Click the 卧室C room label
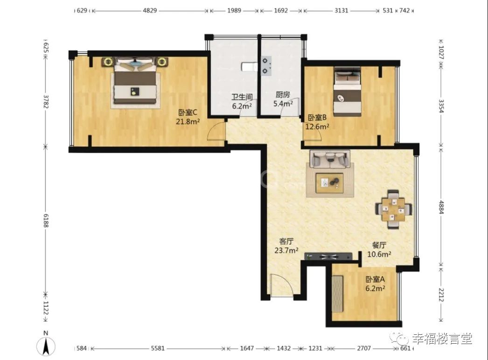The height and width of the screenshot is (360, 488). pos(188,113)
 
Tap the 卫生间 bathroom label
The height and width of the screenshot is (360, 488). pos(242,97)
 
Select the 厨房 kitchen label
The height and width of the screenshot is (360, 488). pos(283,95)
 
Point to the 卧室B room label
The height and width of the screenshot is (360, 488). pos(317,117)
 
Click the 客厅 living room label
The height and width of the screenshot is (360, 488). pos(286,241)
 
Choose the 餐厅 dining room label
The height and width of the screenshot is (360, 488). pos(379,245)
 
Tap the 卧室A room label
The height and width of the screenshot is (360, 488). pos(375,279)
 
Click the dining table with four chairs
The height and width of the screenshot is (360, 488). pos(394,209)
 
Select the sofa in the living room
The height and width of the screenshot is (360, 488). pos(330,159)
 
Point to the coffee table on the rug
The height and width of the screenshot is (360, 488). pos(329,184)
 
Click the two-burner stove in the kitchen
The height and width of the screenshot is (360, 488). pos(266,66)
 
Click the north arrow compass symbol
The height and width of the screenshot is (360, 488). pos(46,344)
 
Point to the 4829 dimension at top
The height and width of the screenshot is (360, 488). pos(150,10)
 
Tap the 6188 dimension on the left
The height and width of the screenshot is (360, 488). pos(46,220)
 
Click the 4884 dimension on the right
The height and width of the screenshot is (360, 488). pos(441,207)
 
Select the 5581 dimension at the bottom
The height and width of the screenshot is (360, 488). pos(158,348)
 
